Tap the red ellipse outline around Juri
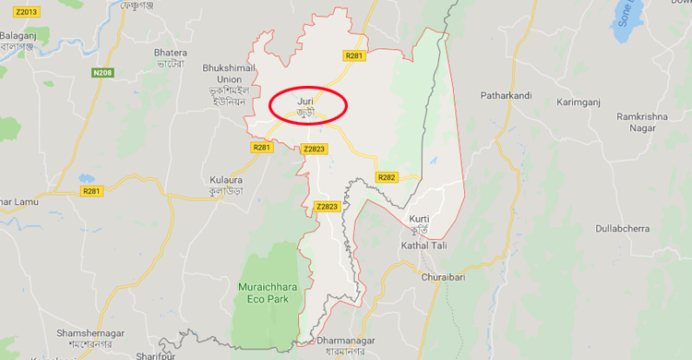(x=346, y=104)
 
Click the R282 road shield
(x=386, y=176)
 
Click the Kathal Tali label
(x=424, y=246)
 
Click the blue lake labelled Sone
(x=627, y=20)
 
